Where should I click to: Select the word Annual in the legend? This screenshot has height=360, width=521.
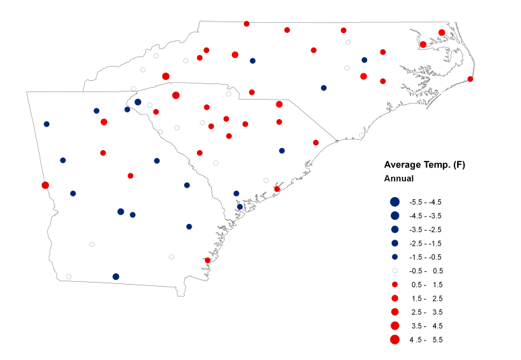tap(399, 179)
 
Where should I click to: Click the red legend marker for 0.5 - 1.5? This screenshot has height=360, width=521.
tap(395, 284)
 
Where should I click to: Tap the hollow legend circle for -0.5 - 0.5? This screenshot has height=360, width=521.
tap(395, 271)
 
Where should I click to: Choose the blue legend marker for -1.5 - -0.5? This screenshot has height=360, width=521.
tap(395, 257)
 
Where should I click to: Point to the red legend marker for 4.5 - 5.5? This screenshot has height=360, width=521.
tap(395, 339)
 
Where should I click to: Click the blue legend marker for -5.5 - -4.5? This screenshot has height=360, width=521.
tap(395, 202)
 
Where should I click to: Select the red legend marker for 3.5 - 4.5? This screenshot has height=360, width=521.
tap(395, 326)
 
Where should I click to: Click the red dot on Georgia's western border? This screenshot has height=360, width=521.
tap(45, 185)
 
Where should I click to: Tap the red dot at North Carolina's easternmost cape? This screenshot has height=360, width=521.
tap(471, 79)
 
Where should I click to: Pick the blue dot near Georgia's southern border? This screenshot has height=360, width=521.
tap(116, 277)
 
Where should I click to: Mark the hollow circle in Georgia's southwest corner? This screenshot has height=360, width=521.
tap(69, 276)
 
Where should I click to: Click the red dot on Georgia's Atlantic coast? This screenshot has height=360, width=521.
tap(208, 260)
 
